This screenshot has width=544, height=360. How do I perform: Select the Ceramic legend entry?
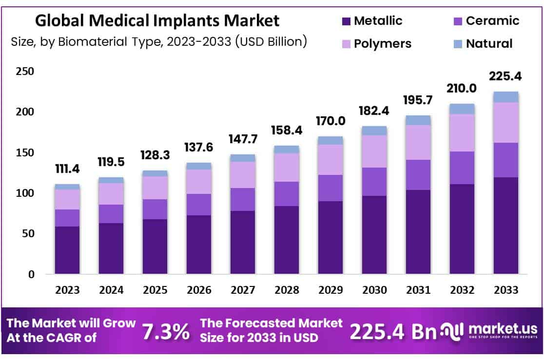coord(486,21)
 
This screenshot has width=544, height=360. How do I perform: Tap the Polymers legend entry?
coord(376,43)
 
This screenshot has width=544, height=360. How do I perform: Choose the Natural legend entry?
coord(483,43)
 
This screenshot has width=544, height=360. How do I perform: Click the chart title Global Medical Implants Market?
coord(157,20)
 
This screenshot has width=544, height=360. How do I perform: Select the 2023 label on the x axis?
coord(67,290)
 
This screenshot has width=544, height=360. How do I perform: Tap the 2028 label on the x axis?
coord(287,290)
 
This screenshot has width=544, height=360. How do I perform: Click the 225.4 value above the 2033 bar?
coord(505,76)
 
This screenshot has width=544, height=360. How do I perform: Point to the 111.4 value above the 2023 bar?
coord(67,169)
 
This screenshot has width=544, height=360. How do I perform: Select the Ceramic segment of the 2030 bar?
coord(374,182)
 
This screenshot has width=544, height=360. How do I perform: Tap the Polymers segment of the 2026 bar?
coord(199,182)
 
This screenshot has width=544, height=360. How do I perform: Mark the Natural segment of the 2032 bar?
coord(462,109)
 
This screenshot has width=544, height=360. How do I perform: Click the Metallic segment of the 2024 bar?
coord(111,248)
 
